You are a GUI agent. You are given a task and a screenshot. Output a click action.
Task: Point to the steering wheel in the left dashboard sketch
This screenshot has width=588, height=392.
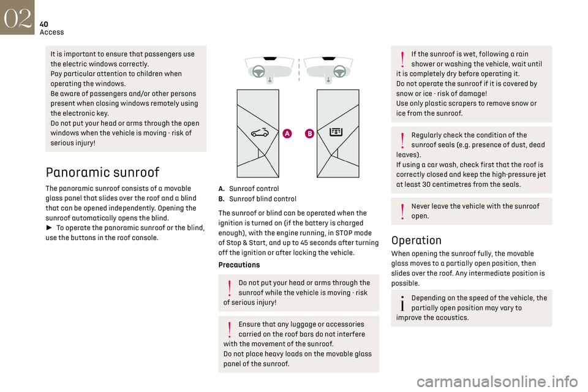[x=259, y=70]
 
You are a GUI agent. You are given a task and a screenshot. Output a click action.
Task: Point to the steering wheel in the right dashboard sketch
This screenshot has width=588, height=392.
[x=339, y=70]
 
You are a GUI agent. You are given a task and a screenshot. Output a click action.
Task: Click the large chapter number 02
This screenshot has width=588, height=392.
[x=18, y=17]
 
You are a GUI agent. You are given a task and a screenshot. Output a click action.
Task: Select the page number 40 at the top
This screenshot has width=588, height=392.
[x=45, y=23]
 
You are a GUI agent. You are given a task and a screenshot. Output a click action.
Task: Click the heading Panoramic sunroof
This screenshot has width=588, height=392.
[x=102, y=172]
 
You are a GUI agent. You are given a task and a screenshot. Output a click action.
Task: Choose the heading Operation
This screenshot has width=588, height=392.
[x=416, y=240]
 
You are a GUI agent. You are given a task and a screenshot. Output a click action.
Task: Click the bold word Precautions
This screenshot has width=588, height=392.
[x=239, y=265]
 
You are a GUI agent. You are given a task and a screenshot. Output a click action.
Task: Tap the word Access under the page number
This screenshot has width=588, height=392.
[x=51, y=32]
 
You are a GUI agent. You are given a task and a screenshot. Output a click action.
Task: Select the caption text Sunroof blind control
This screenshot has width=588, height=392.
[x=262, y=198]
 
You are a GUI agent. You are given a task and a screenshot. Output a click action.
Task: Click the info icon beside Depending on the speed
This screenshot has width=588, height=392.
[x=402, y=303]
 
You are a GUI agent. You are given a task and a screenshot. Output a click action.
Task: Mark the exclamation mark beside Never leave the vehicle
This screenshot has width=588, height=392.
[x=402, y=211]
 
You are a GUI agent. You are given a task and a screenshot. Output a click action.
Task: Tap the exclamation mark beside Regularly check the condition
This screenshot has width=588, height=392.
[x=402, y=140]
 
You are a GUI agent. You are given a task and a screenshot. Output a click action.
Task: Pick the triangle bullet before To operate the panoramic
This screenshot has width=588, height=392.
[x=49, y=227]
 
